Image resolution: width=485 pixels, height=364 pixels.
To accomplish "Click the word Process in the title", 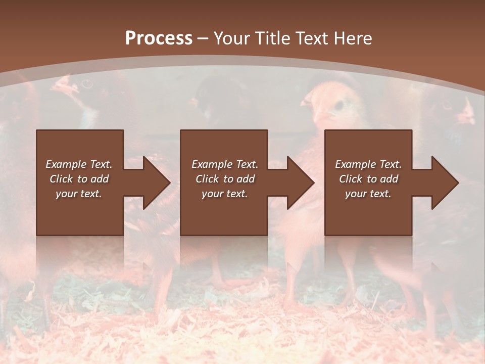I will coord(159,38).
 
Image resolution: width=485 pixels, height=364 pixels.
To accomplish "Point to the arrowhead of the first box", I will coord(157,183).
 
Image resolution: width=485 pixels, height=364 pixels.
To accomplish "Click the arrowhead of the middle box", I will coord(301,183).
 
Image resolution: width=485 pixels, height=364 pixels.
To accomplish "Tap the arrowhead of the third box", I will coord(446,183).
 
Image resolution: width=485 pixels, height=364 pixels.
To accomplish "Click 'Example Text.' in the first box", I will coord(79,164).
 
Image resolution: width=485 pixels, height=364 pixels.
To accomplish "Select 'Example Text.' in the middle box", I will coord(225,164).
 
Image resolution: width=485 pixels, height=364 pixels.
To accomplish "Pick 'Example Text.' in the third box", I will coord(368,164).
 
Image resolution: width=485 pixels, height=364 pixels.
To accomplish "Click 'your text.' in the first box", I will coord(79,194).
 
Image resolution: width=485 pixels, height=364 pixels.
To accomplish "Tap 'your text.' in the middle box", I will coord(225,194).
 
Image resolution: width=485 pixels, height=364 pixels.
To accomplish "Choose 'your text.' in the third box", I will coord(368,194).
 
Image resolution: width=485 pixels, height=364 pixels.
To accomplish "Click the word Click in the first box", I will coord(62,179).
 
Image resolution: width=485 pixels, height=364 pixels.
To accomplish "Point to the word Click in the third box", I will coord(351,179).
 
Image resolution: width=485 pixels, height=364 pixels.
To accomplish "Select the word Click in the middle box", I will coord(208,179).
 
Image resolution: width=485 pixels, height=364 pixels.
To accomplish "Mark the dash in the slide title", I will coord(203,39).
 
